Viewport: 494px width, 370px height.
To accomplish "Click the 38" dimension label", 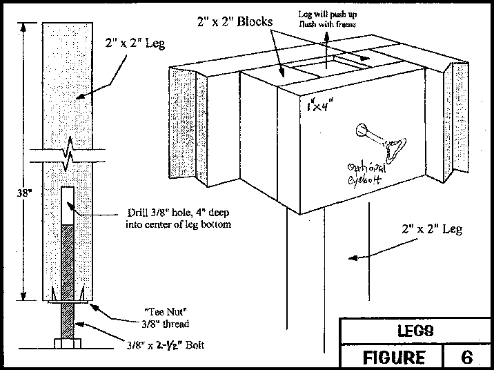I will [x=15, y=194].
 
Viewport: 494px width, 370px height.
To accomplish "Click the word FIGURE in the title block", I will [x=394, y=357].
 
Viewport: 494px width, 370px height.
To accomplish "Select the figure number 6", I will [x=467, y=357].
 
